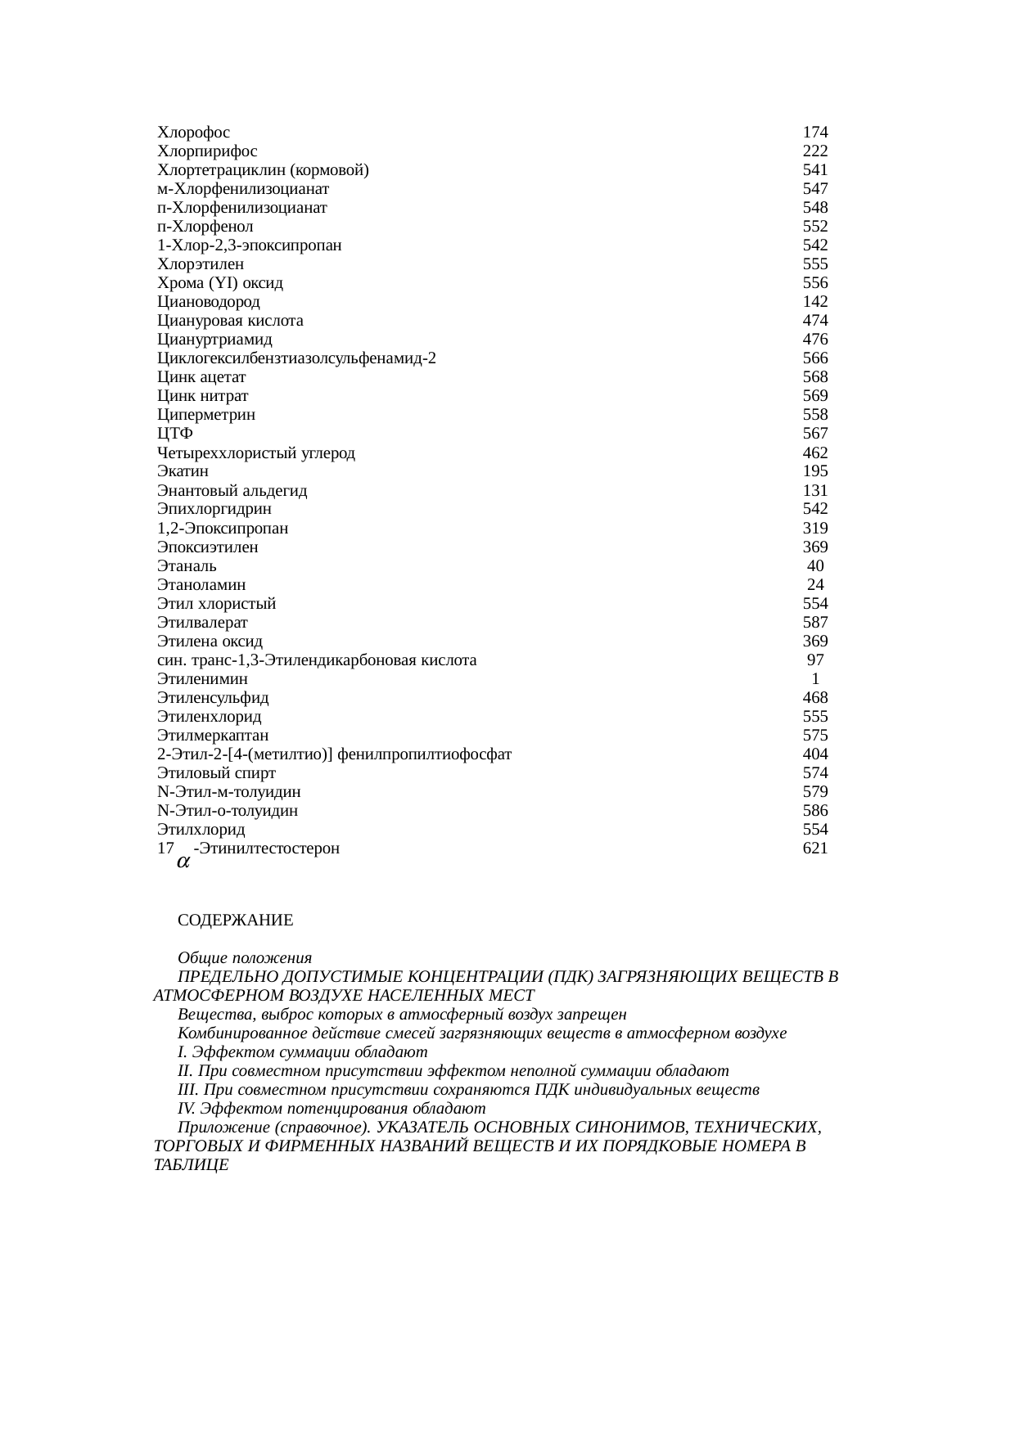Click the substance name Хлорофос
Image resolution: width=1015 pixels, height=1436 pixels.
(x=193, y=133)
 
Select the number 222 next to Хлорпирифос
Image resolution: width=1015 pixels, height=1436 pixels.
(x=815, y=151)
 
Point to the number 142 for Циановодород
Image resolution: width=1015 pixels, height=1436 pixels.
(x=815, y=302)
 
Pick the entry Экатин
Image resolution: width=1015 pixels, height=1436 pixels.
(x=183, y=471)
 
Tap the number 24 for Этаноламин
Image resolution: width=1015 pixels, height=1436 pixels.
(x=815, y=585)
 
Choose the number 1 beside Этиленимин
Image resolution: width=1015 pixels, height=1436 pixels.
(x=815, y=679)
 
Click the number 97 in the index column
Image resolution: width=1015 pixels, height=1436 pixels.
(x=815, y=660)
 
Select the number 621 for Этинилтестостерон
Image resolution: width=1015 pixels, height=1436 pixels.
(x=815, y=849)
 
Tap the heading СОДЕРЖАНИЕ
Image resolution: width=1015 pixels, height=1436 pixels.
(x=236, y=921)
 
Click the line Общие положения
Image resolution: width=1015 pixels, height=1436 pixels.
(x=245, y=958)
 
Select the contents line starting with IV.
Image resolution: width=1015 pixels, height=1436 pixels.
(x=332, y=1109)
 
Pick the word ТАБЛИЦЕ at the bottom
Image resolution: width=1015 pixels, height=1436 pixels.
(x=191, y=1165)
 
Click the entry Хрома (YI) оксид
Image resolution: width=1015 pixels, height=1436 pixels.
(x=220, y=283)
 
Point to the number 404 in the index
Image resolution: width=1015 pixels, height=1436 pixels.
(x=815, y=754)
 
